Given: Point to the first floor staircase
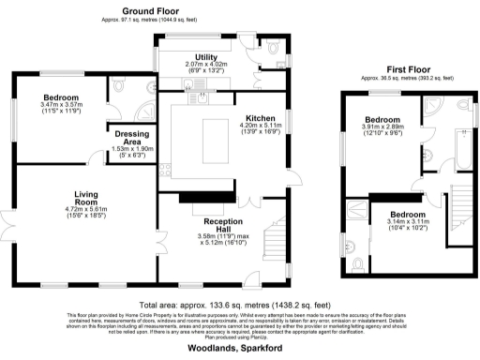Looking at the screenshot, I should coord(461,211).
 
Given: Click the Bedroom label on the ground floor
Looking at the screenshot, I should coord(59,97).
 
